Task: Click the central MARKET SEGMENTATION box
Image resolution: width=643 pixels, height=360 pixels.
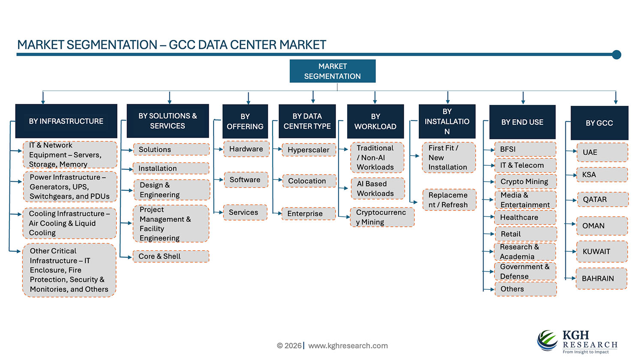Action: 333,71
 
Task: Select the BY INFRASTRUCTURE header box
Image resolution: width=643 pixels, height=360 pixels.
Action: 66,121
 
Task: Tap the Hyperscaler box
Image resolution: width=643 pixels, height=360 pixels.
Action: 309,150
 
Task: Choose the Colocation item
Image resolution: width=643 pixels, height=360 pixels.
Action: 309,181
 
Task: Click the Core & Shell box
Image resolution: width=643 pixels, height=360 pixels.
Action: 171,256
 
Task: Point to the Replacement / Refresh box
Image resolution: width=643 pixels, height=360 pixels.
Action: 449,200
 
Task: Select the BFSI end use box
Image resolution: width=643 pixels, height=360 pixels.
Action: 525,149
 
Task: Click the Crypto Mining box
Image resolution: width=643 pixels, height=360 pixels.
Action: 525,181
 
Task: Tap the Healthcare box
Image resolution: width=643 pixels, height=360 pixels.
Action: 525,217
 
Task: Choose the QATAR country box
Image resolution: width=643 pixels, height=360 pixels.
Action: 602,199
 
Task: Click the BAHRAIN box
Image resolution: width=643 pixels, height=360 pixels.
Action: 601,279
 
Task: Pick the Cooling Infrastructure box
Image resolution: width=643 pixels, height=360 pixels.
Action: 69,223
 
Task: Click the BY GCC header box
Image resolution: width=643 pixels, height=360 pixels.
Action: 599,123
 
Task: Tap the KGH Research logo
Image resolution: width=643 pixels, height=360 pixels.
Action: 577,342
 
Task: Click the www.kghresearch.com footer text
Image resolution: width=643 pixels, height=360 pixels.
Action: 348,345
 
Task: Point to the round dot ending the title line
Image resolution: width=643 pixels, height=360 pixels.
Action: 616,54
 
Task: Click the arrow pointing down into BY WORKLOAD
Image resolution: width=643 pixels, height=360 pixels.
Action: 375,98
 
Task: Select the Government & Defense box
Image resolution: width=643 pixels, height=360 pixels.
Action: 525,271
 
